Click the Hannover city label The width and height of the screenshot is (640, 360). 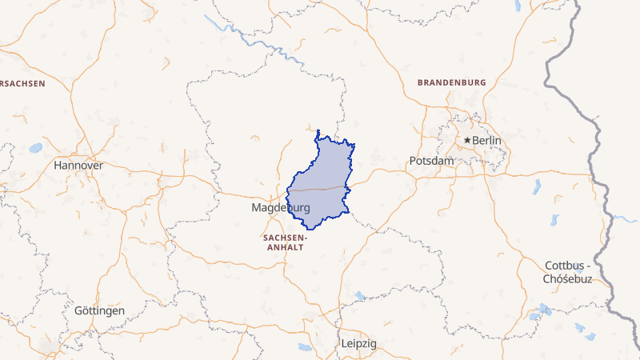pos(78,165)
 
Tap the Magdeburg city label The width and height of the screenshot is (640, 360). pos(280,208)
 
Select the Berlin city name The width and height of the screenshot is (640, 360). pos(487,141)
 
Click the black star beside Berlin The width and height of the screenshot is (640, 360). pos(468,140)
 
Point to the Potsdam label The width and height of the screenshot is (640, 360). pos(431,161)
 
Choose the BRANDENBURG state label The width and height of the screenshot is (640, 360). pos(451,82)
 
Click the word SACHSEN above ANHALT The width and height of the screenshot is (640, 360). pos(284,238)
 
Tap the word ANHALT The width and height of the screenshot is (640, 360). pos(284,248)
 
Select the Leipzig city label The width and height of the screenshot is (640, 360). pos(358,343)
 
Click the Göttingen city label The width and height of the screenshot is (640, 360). pos(99,310)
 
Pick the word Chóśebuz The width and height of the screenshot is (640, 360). pos(567,278)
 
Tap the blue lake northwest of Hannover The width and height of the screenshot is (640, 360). pos(35,148)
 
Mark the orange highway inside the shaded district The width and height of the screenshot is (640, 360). pos(320,190)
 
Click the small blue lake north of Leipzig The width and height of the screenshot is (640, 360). pos(360,297)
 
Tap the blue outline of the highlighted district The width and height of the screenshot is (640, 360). pos(318,132)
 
